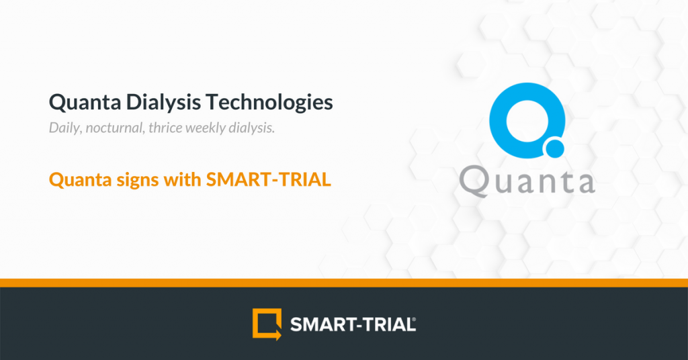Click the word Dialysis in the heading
163,103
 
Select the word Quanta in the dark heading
85,103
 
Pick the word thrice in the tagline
165,128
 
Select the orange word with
183,179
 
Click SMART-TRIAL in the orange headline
269,179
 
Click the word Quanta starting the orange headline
81,180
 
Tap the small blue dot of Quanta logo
554,148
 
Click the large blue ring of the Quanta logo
498,121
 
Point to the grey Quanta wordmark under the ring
527,181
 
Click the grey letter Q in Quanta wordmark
473,181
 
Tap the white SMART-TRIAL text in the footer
351,325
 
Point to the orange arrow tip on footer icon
281,335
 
